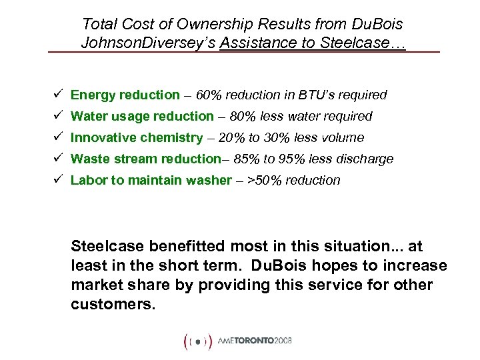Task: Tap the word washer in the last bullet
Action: tap(208, 180)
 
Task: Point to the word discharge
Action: tap(366, 159)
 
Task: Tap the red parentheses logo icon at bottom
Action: tap(198, 341)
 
